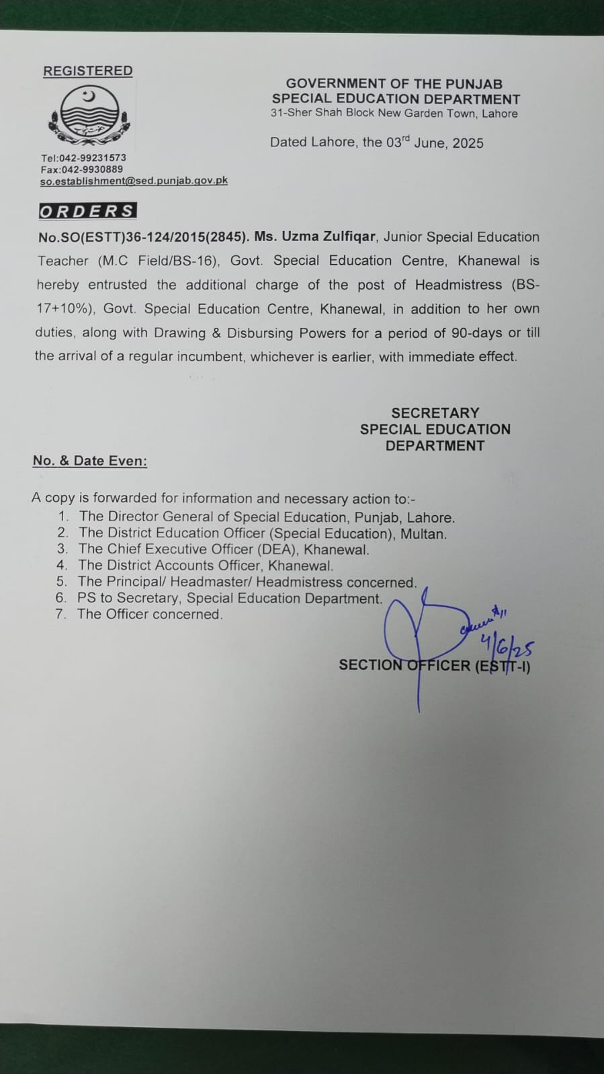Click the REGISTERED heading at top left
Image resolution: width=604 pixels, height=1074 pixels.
click(x=87, y=71)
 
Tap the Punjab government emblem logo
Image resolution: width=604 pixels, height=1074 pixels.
click(x=88, y=116)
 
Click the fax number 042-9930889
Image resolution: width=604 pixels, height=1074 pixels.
click(x=91, y=169)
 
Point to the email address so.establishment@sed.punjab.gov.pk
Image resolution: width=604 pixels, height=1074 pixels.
click(x=134, y=181)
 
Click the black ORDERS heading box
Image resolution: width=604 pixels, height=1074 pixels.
click(x=87, y=211)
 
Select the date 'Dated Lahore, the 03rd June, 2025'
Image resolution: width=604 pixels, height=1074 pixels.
click(x=376, y=142)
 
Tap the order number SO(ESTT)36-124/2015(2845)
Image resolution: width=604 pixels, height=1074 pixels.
click(x=144, y=237)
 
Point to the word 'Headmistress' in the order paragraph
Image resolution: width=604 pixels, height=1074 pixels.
click(x=458, y=285)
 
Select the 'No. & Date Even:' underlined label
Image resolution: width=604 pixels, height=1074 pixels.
click(x=90, y=461)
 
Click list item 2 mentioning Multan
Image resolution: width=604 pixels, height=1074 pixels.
click(x=262, y=533)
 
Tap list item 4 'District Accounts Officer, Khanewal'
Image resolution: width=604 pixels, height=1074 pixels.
click(x=205, y=566)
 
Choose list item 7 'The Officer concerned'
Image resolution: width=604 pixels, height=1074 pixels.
click(x=149, y=614)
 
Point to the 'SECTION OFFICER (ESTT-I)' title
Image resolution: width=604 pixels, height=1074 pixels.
click(x=434, y=666)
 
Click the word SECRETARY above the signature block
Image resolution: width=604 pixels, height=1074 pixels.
click(x=435, y=413)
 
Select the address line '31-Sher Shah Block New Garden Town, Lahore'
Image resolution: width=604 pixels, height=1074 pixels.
click(x=394, y=113)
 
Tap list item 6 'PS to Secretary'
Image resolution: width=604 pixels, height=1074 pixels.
click(x=229, y=598)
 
